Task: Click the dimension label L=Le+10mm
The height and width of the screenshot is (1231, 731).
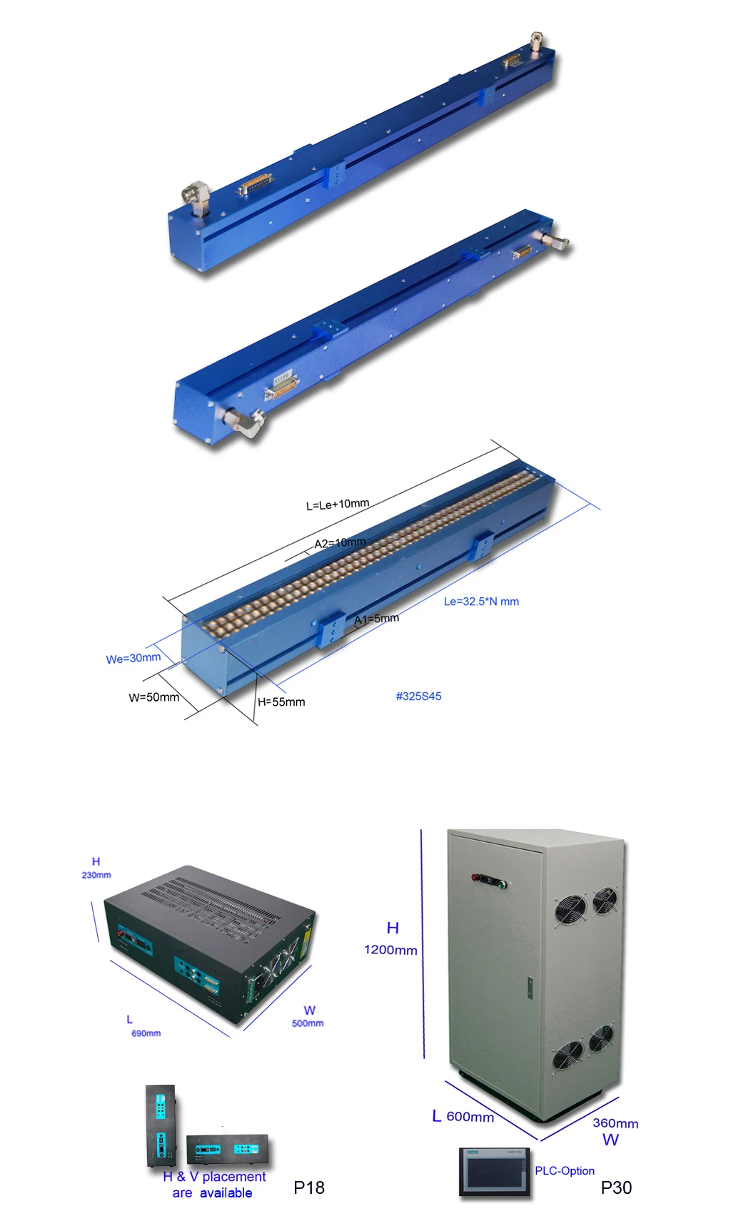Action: (338, 504)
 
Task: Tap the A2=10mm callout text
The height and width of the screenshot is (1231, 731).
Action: (341, 543)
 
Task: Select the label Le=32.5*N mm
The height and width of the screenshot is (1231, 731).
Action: (481, 602)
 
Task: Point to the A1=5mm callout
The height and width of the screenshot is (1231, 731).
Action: (377, 619)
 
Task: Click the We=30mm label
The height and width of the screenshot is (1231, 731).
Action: (133, 658)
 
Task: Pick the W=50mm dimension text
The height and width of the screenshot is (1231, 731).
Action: (154, 697)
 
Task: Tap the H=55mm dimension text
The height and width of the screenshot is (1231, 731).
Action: (281, 702)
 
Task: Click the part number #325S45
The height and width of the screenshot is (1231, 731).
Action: (419, 696)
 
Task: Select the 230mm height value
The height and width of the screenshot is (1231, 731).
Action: (96, 875)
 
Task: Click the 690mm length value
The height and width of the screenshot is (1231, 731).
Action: (146, 1033)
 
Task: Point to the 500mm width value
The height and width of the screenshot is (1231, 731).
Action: (308, 1023)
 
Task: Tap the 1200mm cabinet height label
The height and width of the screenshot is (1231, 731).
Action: (390, 950)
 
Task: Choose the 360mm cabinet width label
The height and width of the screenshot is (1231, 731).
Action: (615, 1123)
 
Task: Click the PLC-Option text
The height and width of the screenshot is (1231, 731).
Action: (565, 1170)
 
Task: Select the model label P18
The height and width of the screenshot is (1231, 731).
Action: (309, 1187)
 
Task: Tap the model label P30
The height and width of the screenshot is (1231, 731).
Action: (616, 1187)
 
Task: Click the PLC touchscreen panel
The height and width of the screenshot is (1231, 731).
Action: (494, 1171)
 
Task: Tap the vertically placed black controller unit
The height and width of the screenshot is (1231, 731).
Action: (161, 1126)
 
